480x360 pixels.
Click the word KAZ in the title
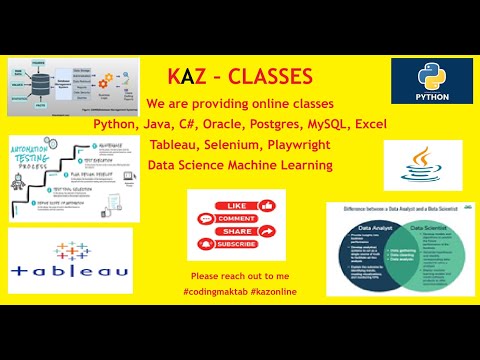point(187,76)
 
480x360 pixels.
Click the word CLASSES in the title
point(270,76)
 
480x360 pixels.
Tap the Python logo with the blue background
point(431,85)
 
